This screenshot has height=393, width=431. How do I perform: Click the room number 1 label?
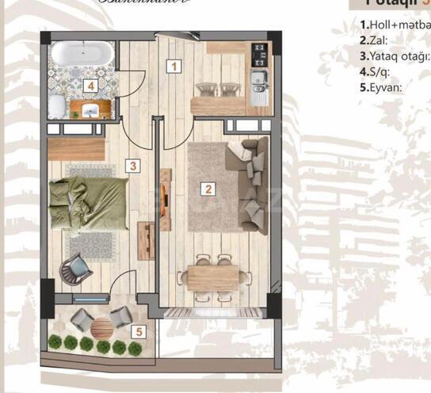pos(173,67)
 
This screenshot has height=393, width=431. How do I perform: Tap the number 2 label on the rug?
pos(208,189)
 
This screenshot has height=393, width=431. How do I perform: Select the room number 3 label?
pos(134,166)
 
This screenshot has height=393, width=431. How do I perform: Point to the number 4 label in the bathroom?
pos(91,86)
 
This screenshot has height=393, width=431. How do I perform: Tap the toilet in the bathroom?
pos(57,107)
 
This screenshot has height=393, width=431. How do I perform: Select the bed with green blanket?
pos(88,204)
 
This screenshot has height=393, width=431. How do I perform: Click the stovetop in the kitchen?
pos(259,53)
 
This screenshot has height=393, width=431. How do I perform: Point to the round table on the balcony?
pos(102,327)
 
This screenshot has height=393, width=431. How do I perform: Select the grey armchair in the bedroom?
pos(78,270)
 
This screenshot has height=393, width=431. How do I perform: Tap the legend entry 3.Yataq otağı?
pos(394,56)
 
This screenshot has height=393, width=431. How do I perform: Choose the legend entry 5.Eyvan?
pos(381,87)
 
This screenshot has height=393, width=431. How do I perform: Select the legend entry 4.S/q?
pos(376,71)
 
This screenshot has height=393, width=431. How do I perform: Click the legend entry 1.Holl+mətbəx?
pos(395,25)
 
